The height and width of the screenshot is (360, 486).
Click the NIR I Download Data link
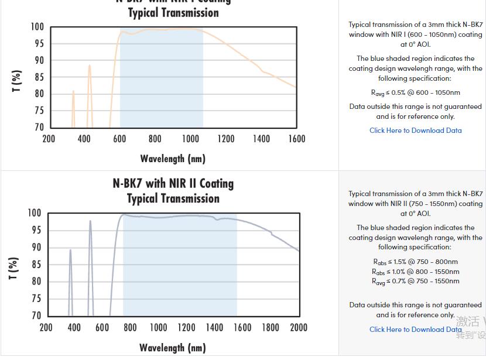point(415,131)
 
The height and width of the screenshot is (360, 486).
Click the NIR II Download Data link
point(415,330)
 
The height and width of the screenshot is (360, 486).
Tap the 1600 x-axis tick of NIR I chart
point(297,139)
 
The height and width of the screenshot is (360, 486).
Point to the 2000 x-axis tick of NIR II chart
point(299,327)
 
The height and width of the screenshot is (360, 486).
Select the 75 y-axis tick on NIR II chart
point(36,299)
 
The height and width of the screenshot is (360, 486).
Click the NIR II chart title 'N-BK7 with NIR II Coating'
point(173,184)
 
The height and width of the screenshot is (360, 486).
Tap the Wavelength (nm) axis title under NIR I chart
point(173,159)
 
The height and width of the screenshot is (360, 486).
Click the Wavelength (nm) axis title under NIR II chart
point(173,348)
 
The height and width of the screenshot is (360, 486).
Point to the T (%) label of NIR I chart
point(17,81)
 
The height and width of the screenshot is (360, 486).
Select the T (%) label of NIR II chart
point(13,268)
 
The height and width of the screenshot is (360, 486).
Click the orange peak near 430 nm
point(90,66)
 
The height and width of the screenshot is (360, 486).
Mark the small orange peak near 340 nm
point(73,92)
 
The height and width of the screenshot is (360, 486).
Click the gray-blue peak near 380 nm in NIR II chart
point(70,251)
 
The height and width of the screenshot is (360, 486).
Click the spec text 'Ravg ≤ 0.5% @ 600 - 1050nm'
point(415,92)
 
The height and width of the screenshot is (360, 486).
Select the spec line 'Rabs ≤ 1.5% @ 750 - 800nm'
point(415,262)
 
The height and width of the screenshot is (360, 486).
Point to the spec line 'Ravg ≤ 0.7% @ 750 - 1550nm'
point(415,282)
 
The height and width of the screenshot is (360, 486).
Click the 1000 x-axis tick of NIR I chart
point(190,139)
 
